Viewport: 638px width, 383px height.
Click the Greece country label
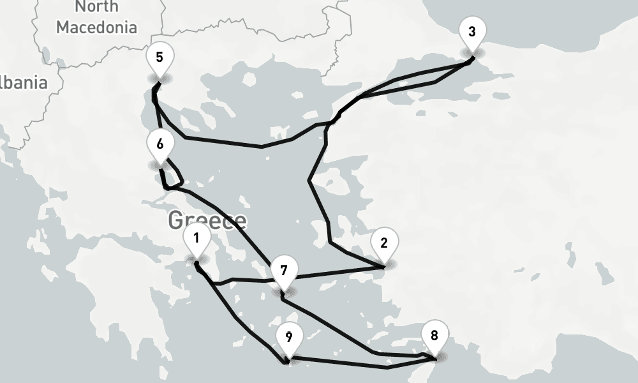207,221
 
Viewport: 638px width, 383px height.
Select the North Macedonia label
96,17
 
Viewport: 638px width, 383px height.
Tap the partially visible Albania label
24,82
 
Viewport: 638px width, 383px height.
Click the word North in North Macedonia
96,7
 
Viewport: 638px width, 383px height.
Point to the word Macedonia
96,27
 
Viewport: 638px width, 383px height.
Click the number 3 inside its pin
471,32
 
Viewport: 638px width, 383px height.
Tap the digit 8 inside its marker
434,335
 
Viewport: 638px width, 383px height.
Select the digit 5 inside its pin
159,57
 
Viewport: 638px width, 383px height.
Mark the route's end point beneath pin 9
286,363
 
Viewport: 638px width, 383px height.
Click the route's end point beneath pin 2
383,265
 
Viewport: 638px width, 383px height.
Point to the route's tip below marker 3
472,59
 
